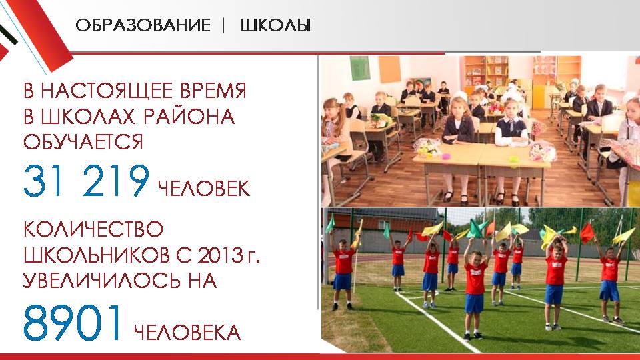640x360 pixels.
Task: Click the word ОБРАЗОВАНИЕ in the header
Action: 143,25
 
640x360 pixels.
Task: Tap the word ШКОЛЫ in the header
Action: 275,25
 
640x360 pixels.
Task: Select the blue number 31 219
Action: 87,181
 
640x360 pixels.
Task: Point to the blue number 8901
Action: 73,323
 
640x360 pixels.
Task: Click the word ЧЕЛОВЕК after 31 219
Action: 204,189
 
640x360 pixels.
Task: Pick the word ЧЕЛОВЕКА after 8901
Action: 187,333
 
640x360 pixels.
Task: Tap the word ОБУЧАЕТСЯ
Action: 83,142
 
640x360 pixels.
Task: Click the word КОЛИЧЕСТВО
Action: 93,229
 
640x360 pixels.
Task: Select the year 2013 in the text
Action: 221,255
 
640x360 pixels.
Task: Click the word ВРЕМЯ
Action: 213,91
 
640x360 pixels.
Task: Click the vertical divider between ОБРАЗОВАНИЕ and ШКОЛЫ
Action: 224,26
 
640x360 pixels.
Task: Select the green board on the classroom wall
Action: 359,68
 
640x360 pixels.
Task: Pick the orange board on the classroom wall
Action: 389,69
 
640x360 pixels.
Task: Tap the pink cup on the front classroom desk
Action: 447,156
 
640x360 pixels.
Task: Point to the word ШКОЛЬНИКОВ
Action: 97,255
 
